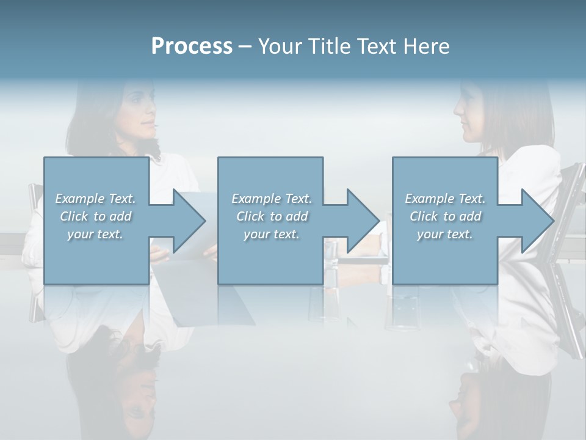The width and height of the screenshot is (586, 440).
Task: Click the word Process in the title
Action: (192, 46)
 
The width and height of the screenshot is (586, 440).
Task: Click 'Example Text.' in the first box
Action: (96, 199)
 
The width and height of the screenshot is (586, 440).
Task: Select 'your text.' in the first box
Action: (96, 234)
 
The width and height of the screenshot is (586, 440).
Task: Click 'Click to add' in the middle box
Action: (272, 216)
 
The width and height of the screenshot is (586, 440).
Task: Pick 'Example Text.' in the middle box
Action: (272, 199)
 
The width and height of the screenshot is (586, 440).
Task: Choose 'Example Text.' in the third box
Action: (445, 199)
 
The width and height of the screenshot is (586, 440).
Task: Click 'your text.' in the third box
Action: (445, 234)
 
